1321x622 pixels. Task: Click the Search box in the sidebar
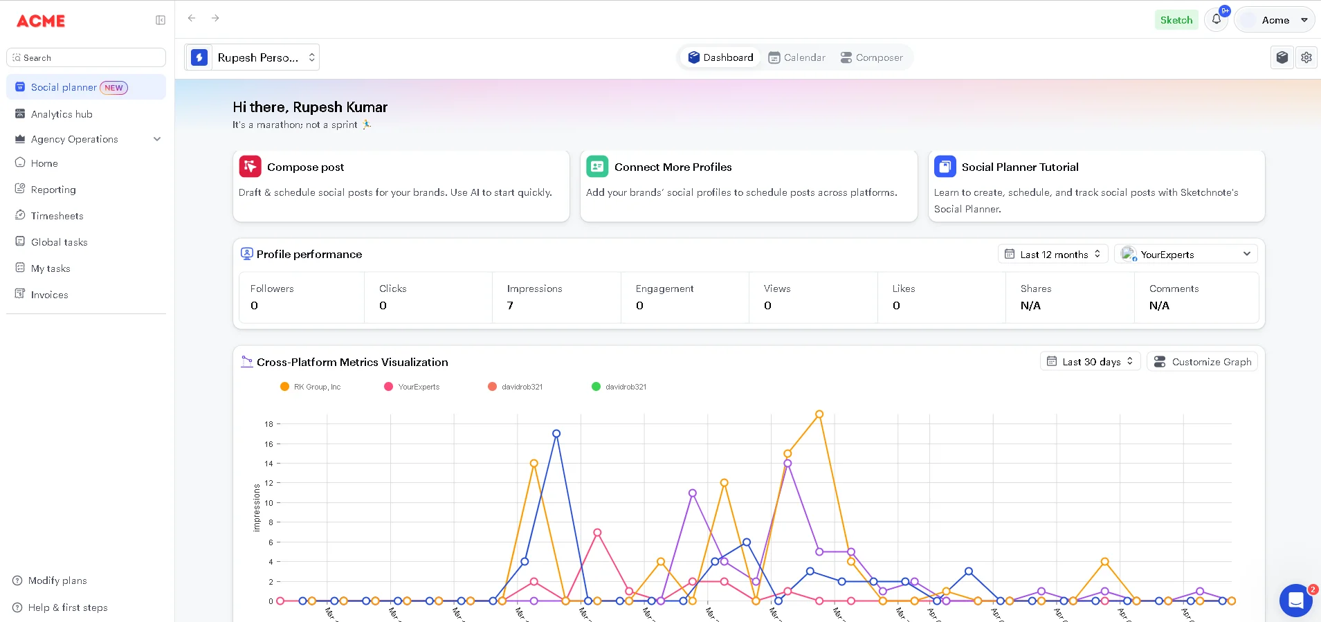86,57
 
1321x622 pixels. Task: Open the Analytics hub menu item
62,114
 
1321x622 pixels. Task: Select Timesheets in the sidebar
57,216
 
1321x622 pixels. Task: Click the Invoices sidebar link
49,295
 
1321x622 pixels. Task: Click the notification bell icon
1216,19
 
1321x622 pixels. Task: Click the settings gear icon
1306,57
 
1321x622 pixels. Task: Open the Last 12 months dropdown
1053,255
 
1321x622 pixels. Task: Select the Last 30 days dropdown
1090,362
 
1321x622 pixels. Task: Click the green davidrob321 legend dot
596,387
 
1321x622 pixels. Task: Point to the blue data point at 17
556,434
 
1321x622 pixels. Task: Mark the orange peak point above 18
819,414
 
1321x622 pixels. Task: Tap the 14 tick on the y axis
268,464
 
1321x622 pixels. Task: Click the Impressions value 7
510,306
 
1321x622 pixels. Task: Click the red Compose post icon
250,167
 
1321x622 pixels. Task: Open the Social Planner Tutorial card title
1019,167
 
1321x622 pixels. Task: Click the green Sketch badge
1176,20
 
